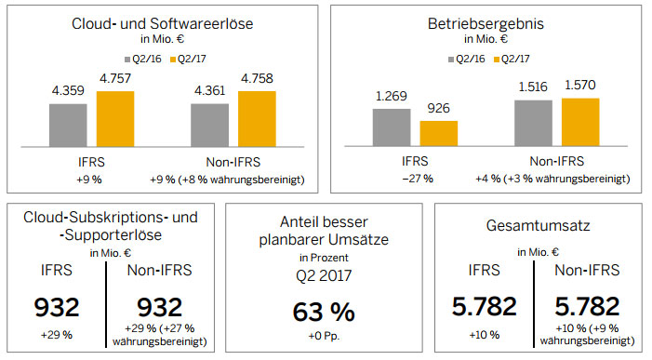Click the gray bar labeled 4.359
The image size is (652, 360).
coord(68,126)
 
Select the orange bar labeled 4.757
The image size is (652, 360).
coord(115,119)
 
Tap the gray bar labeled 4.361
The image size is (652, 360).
coord(209,126)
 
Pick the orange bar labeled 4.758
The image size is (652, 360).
coord(257,119)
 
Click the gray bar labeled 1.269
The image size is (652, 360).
coord(392,127)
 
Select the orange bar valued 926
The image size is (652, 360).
coord(439,133)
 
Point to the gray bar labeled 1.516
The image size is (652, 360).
coord(534,123)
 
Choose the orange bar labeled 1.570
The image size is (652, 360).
coord(580,122)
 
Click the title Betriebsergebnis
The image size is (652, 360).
coord(486,24)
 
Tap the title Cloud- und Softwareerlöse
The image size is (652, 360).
coord(162,23)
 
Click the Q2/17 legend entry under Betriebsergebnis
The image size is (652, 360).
coord(512,59)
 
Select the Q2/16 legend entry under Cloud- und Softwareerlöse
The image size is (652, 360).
coord(143,59)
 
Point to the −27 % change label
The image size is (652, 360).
coord(418,179)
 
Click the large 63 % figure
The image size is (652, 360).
coord(324,312)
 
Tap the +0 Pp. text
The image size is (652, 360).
coord(324,336)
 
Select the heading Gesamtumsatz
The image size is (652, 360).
coord(539,226)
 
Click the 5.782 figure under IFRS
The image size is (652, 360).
coord(485,306)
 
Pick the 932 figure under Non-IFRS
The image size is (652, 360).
coord(160,308)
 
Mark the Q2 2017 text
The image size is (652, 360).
coord(324,275)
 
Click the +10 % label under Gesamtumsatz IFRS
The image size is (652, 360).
coord(485,335)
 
